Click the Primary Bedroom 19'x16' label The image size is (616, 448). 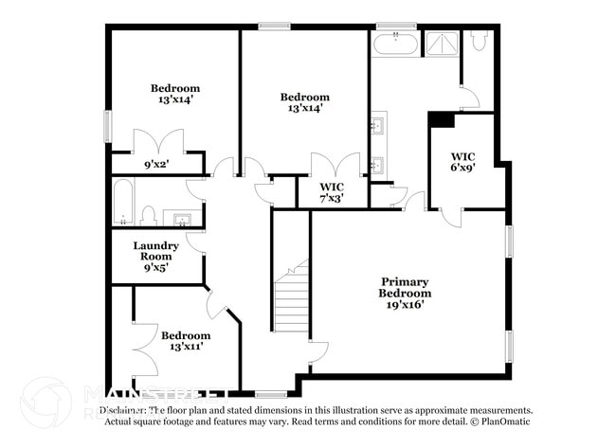tap(405, 294)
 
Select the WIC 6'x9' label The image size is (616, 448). tap(462, 161)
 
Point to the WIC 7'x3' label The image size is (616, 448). tap(331, 192)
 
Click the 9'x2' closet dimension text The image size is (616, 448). tap(156, 164)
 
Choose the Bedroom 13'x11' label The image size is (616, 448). tap(185, 341)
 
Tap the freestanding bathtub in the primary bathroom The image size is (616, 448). tap(394, 44)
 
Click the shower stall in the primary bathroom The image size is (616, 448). tap(441, 44)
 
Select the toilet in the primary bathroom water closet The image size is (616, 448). tap(480, 41)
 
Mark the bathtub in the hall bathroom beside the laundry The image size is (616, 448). tap(123, 203)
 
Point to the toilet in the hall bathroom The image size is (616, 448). tap(148, 216)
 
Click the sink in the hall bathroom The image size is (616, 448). tap(182, 220)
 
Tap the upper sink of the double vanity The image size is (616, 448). tap(378, 124)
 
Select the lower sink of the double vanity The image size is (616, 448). tap(378, 165)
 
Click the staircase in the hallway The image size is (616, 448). tap(292, 298)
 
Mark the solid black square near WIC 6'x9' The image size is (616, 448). tap(442, 119)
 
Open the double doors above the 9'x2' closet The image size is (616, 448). tap(156, 142)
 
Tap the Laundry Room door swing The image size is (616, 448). tap(196, 241)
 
